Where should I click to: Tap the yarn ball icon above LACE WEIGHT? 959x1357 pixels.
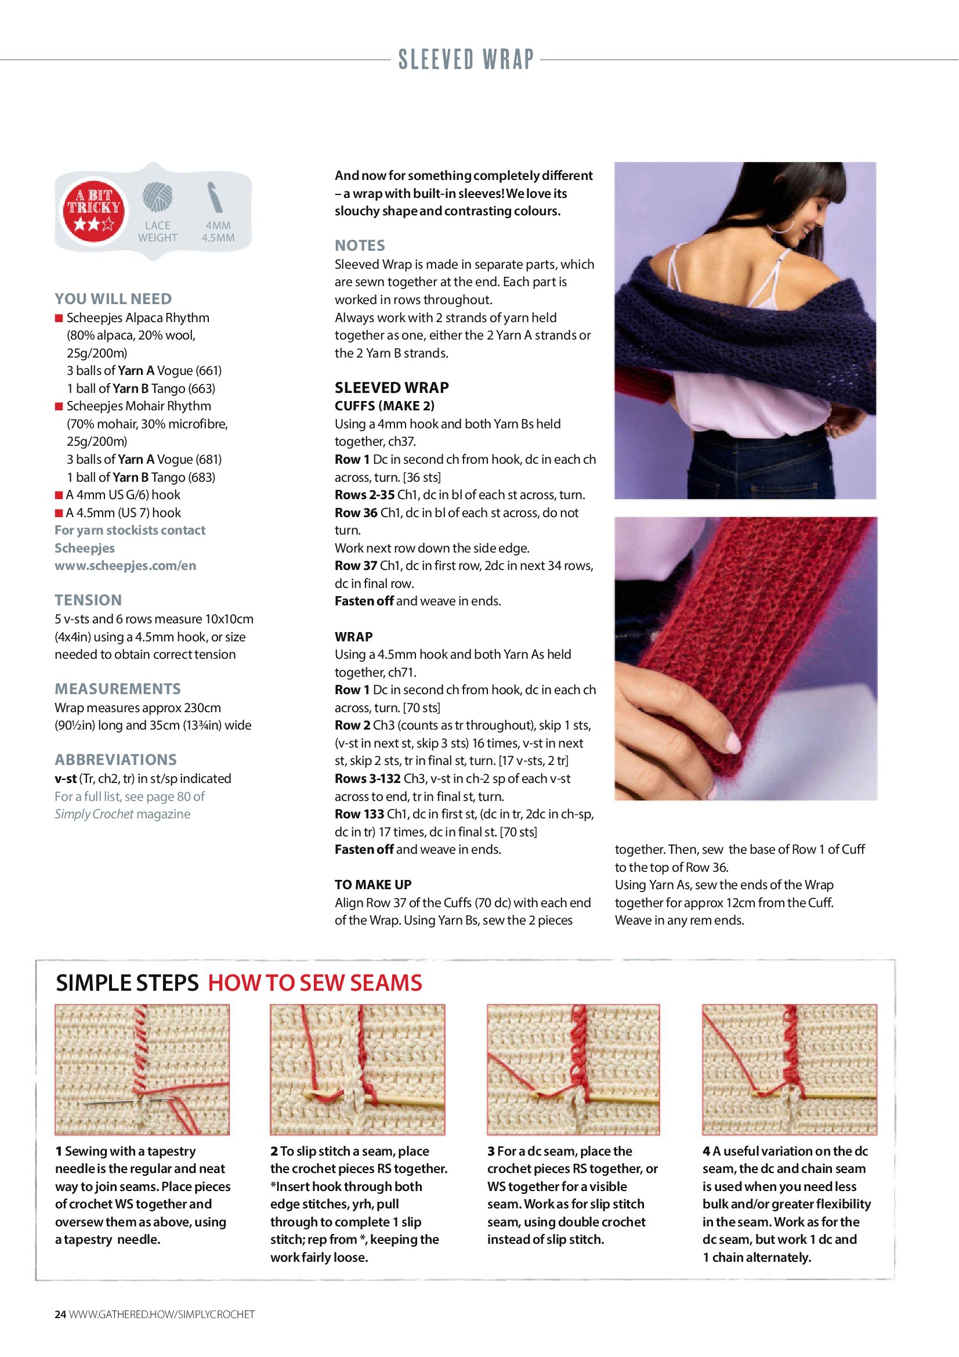click(x=157, y=197)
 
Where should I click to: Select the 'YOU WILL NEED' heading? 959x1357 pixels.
click(x=114, y=299)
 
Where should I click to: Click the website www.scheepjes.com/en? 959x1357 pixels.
click(x=125, y=566)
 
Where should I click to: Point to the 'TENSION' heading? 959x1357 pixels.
click(x=88, y=600)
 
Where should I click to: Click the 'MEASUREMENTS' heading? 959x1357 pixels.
click(x=118, y=688)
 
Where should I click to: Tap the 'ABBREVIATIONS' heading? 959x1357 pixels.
click(x=116, y=760)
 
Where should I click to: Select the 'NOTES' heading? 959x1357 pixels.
click(x=360, y=246)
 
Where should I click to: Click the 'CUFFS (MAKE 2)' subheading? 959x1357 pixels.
click(x=385, y=406)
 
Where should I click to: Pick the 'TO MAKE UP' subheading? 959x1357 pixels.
click(x=373, y=885)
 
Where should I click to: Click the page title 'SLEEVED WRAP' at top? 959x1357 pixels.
click(x=466, y=60)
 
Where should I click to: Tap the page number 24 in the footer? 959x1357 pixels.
click(x=60, y=1314)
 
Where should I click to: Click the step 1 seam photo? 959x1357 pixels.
click(x=142, y=1069)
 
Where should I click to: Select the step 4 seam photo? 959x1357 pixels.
click(x=790, y=1069)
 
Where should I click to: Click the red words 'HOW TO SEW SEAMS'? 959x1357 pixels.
click(x=315, y=983)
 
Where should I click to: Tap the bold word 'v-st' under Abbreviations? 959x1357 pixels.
click(x=66, y=778)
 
